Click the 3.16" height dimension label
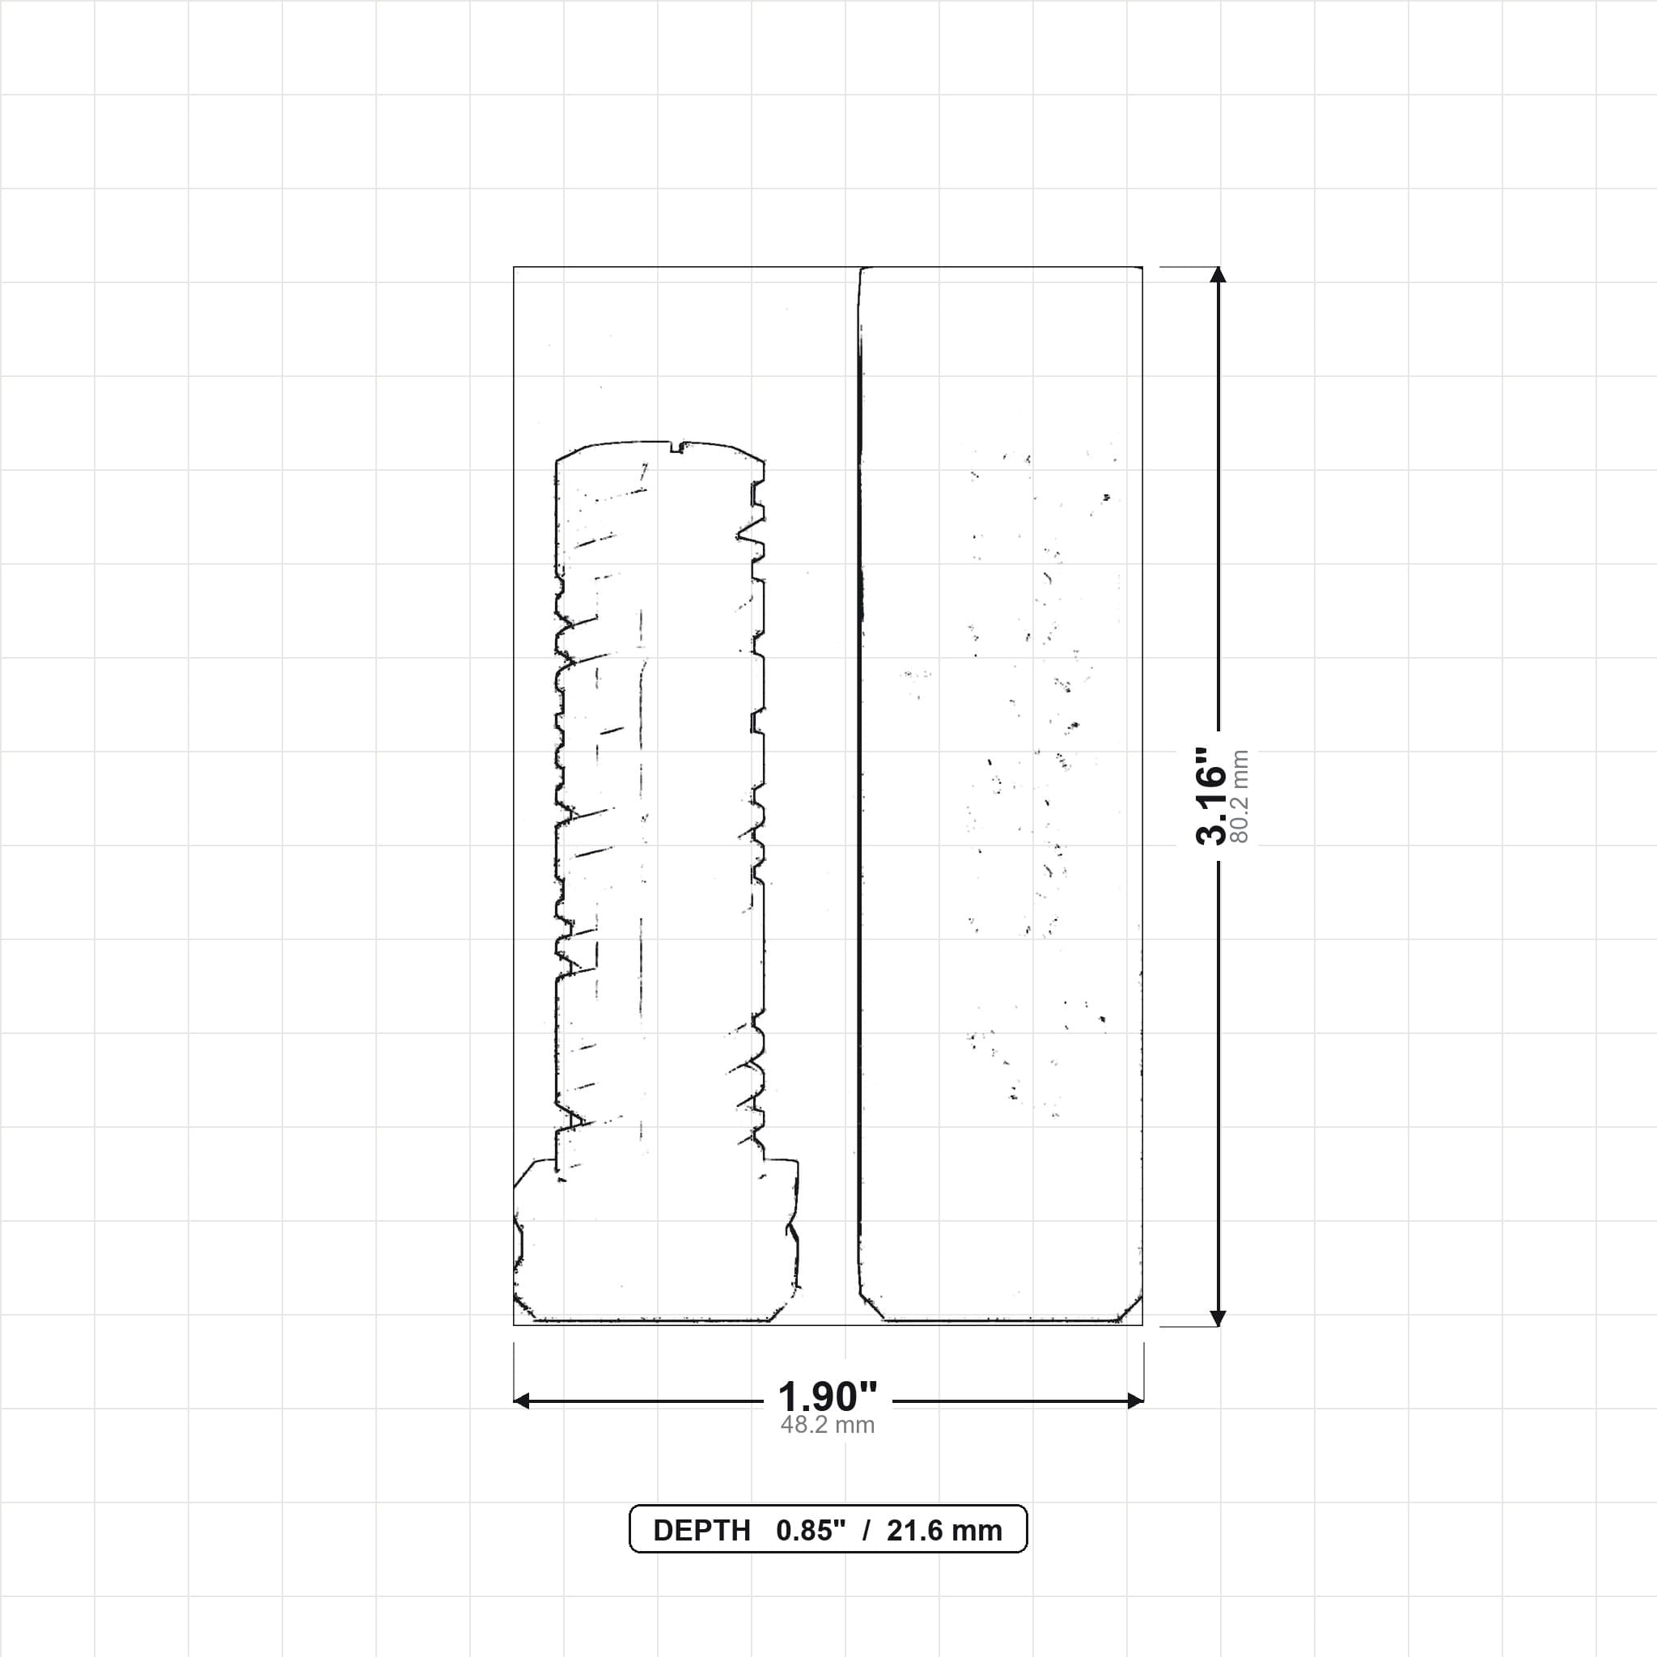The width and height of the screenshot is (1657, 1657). [1212, 795]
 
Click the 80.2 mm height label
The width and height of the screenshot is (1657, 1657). [1240, 796]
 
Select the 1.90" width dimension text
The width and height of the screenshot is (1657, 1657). [828, 1397]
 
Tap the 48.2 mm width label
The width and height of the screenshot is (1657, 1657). [828, 1425]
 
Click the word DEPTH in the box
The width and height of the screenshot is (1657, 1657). [701, 1531]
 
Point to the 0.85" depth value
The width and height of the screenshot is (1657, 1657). [811, 1531]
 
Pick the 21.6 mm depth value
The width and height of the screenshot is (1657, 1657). [944, 1531]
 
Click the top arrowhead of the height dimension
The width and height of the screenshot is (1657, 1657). [1218, 274]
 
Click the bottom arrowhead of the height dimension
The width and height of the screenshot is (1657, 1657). [1218, 1318]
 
